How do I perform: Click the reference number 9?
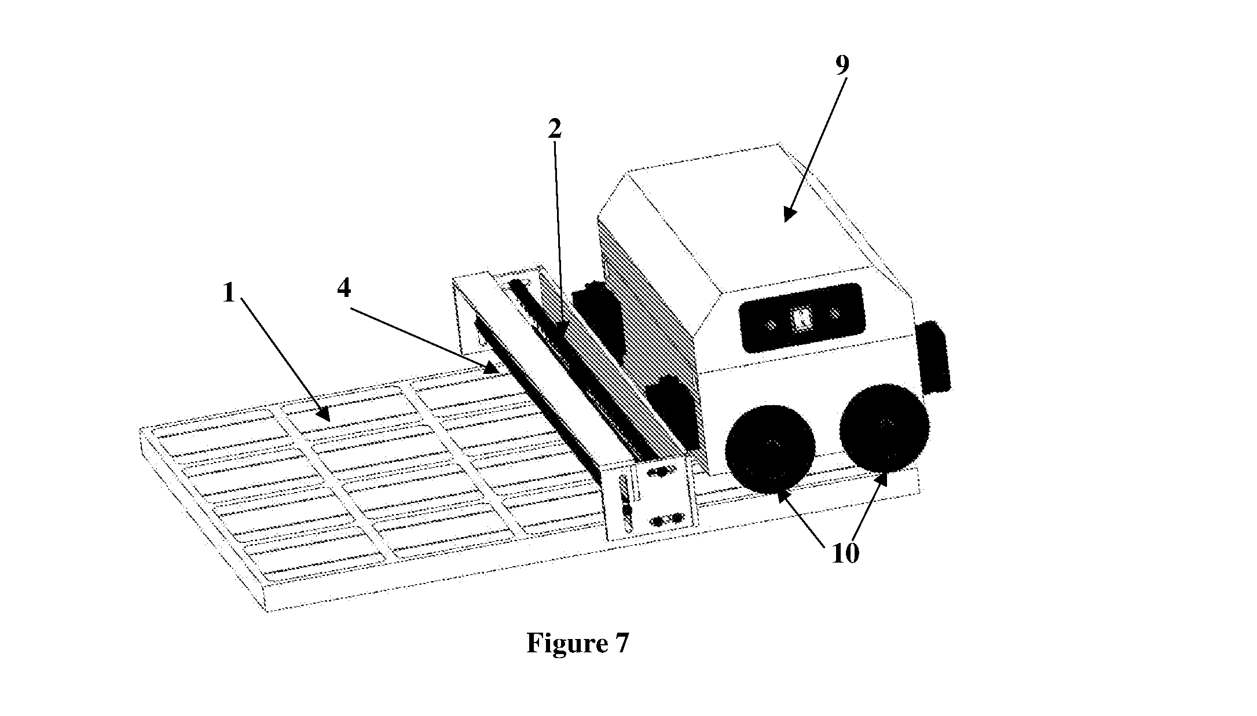click(x=842, y=65)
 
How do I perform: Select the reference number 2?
click(x=555, y=130)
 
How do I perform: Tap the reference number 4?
click(x=344, y=288)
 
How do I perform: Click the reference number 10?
click(x=846, y=554)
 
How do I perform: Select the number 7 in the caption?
click(x=620, y=643)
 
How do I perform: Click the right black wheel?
click(x=884, y=427)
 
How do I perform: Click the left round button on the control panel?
click(x=771, y=326)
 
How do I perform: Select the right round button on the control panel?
click(x=834, y=313)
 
